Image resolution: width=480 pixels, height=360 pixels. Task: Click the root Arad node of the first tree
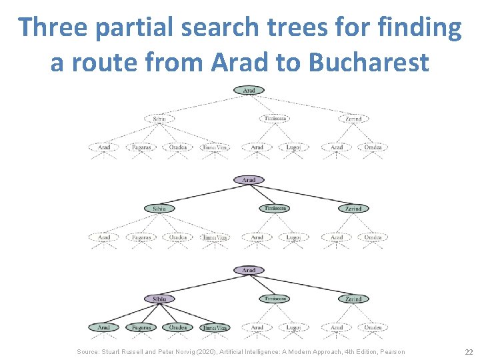[249, 90]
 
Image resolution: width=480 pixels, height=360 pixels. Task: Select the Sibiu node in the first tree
[159, 119]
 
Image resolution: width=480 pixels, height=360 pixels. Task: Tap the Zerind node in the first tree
[353, 119]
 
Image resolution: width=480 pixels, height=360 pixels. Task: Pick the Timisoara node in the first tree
[274, 119]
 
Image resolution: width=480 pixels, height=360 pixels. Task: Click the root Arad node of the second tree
[249, 180]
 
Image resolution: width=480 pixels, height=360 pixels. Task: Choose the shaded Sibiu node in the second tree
[159, 209]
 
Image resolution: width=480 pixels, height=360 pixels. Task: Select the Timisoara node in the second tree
[274, 209]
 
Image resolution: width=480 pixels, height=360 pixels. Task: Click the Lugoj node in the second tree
[293, 237]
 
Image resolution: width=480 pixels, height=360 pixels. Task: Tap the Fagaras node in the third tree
[141, 327]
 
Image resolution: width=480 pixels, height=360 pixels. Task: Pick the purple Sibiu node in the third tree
[159, 299]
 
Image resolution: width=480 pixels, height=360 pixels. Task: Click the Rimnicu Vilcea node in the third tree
[215, 327]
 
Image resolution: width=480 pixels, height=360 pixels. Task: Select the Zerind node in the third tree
[353, 299]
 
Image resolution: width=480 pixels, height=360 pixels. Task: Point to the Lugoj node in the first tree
[293, 147]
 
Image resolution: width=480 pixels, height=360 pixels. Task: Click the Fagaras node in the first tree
[141, 147]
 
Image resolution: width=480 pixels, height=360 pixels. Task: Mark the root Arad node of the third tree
[249, 270]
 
